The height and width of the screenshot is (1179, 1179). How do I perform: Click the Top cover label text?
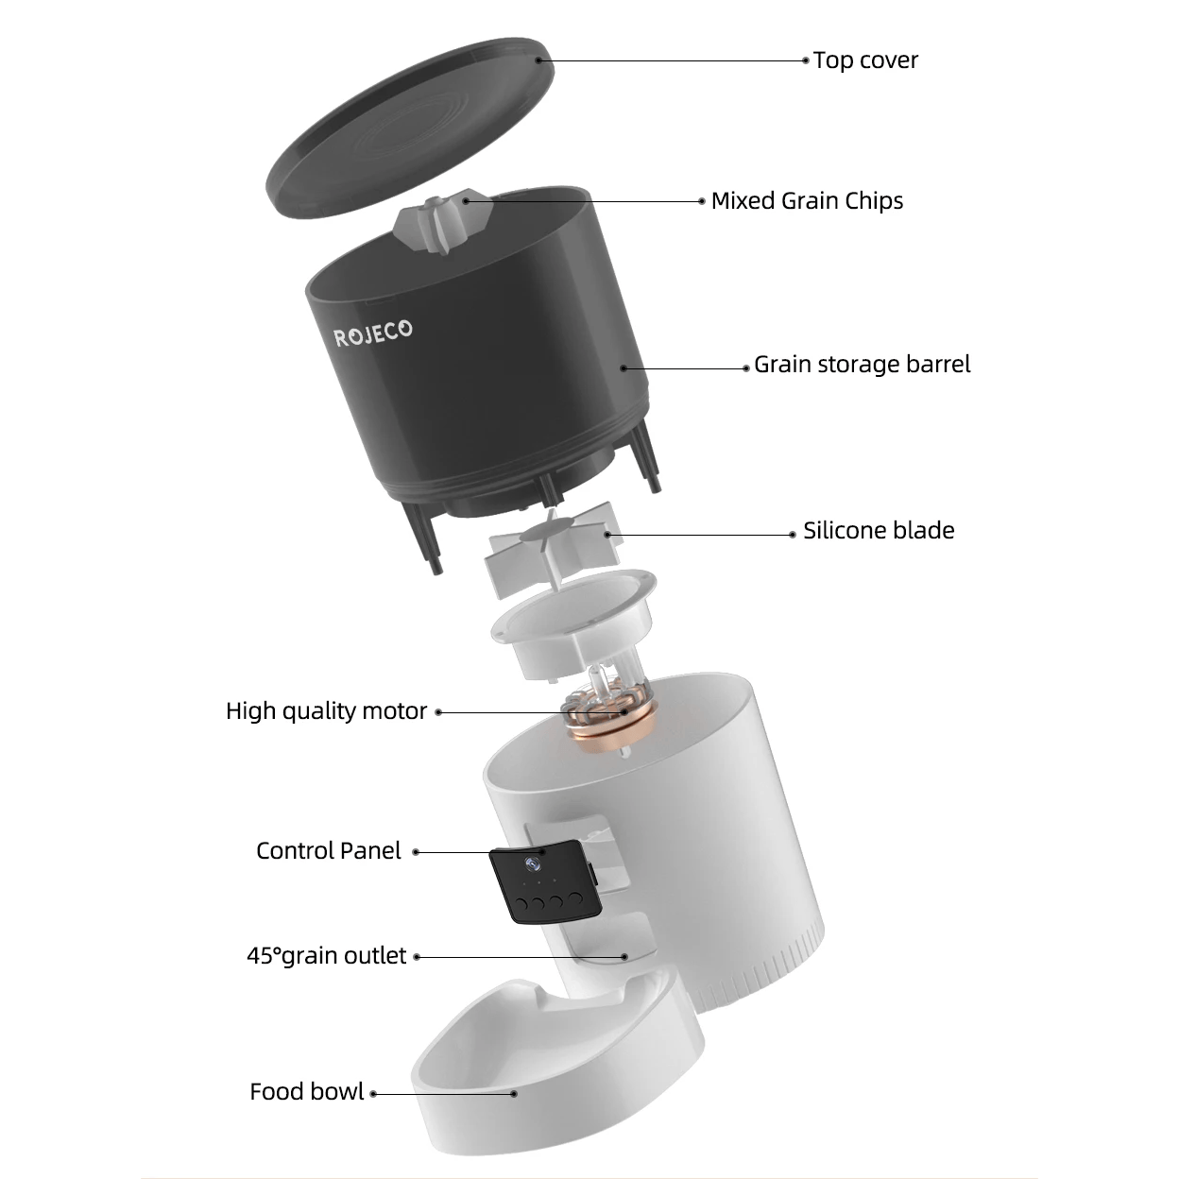(864, 60)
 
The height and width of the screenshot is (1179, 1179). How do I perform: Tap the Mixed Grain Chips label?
(807, 200)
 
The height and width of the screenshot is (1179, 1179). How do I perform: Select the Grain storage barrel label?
(862, 365)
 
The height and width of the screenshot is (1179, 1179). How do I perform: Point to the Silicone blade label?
(878, 531)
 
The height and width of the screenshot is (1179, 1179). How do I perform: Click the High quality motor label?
(326, 711)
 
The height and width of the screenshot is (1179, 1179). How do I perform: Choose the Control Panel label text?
(328, 851)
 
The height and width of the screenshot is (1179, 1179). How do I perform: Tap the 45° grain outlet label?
(326, 956)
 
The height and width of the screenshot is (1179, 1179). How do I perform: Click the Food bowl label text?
(306, 1092)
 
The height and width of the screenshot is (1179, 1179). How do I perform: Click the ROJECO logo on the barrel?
(373, 333)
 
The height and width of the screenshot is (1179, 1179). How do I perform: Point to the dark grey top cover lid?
(406, 132)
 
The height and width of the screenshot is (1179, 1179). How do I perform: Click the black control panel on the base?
(542, 882)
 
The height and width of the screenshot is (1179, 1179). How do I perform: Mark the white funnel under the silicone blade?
(572, 628)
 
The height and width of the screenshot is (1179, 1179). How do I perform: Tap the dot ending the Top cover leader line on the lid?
(538, 60)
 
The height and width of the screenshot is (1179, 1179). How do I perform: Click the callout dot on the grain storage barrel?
(623, 367)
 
